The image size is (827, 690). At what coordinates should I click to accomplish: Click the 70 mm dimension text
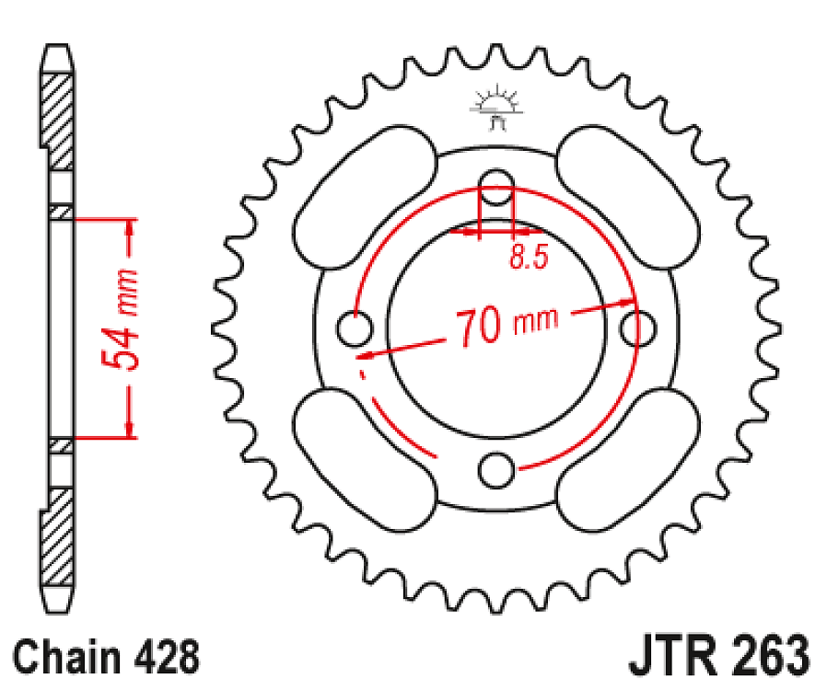[506, 325]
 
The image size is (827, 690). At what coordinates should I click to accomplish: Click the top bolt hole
[496, 181]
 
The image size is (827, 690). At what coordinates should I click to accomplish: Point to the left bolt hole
[353, 327]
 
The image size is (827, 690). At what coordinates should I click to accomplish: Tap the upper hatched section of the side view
[60, 120]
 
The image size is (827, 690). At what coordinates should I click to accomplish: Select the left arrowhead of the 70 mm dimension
[363, 353]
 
